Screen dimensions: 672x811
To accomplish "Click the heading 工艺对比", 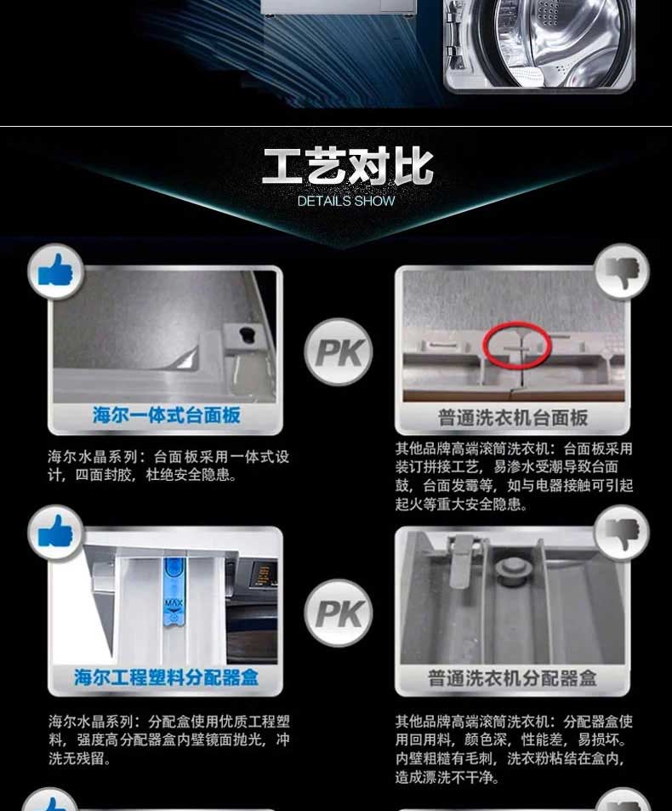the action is [347, 167].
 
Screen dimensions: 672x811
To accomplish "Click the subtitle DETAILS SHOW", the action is [346, 201].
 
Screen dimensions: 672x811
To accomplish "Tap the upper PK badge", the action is [339, 352].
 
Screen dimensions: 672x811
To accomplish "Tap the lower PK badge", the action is [339, 614].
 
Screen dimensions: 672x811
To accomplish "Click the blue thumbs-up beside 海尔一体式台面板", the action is [55, 271].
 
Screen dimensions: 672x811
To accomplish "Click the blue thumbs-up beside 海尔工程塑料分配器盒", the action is [55, 532].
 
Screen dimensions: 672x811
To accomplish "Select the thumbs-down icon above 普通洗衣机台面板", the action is [623, 271].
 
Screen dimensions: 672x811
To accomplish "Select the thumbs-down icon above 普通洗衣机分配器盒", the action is [623, 534].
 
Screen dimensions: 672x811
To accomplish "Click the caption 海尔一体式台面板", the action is [167, 415].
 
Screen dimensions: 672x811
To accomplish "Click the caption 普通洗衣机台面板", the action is [513, 418].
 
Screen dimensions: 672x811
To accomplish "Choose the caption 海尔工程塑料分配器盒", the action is [166, 677].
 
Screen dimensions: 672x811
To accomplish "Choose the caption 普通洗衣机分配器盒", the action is [512, 678].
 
